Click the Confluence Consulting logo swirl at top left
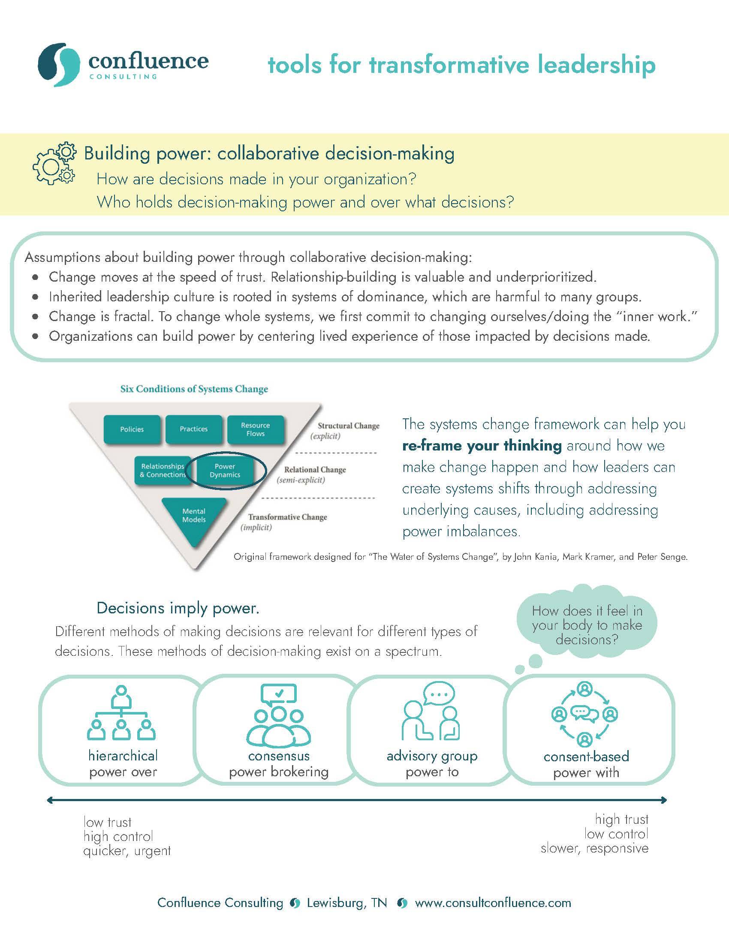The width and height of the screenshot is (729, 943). [x=59, y=64]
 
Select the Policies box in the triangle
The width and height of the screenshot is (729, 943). [x=132, y=429]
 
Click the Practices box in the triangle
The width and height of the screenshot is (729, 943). [x=193, y=429]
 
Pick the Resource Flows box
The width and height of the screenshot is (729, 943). [x=255, y=429]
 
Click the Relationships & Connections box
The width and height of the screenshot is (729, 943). [x=163, y=471]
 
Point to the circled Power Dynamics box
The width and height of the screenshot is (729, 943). [x=225, y=471]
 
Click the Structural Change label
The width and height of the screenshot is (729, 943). [x=349, y=426]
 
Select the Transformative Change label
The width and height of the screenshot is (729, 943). [x=288, y=517]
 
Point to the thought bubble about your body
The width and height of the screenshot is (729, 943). [x=587, y=625]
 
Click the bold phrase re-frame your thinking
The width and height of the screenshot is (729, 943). [x=482, y=446]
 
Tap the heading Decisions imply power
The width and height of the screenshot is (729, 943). [x=178, y=608]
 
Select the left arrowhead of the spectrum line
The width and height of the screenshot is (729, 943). [x=50, y=800]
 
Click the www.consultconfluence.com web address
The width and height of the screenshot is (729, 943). [x=493, y=903]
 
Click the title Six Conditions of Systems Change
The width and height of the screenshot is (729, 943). [x=194, y=389]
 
